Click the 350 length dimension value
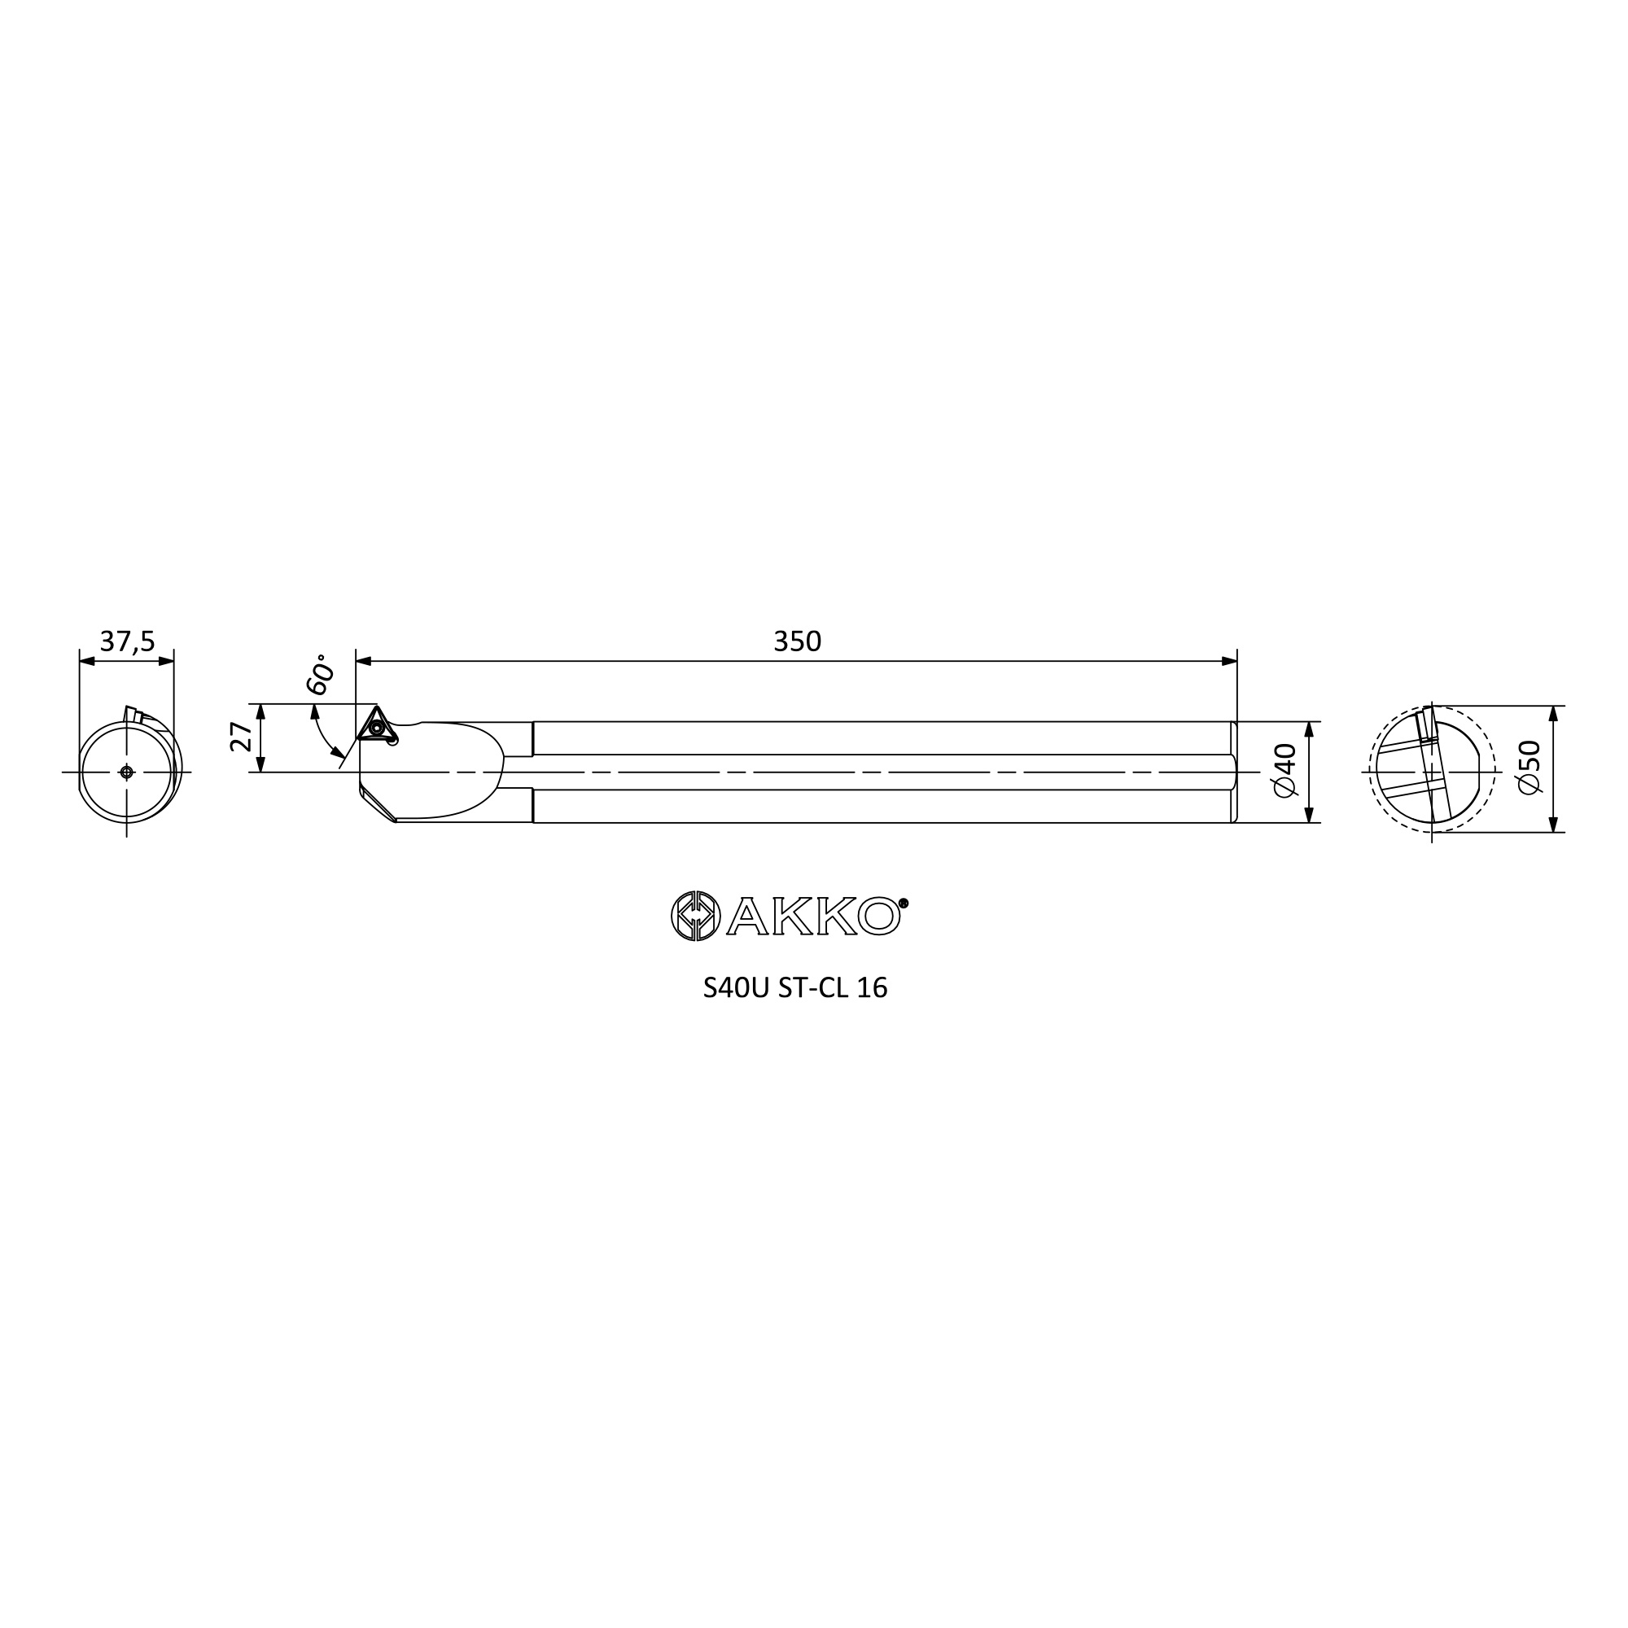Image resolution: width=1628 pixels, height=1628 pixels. [796, 642]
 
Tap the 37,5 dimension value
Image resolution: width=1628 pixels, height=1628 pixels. [127, 642]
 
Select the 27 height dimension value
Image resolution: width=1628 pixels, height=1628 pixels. [241, 737]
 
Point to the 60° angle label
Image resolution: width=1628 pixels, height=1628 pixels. [320, 673]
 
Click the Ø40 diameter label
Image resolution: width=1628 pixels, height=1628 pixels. [1285, 770]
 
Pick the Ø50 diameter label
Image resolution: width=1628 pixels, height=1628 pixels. [1528, 767]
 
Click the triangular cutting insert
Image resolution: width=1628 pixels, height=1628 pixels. [376, 724]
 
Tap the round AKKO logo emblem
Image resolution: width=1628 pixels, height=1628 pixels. [695, 915]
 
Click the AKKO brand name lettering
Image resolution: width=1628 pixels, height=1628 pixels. [814, 916]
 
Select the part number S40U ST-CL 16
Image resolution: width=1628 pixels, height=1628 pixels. [794, 987]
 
